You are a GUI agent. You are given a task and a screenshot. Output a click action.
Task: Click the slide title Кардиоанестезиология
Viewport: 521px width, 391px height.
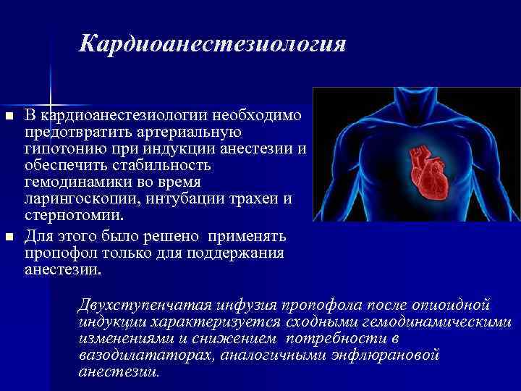213,43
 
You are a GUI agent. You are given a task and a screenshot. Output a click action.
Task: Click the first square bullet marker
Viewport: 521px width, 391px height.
9,117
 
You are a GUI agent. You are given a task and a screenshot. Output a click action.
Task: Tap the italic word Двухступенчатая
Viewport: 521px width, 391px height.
138,303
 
